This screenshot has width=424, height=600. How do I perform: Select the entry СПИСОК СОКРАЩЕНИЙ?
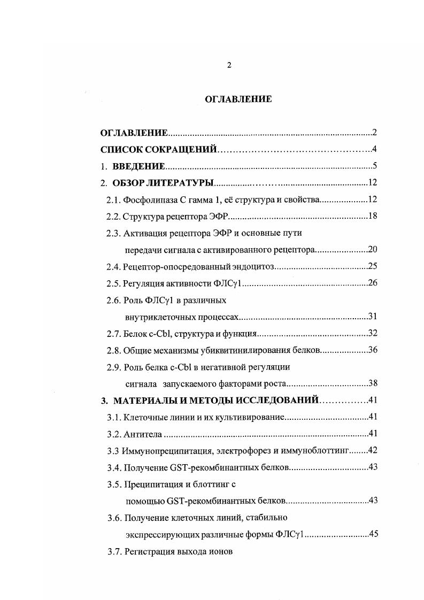pos(158,150)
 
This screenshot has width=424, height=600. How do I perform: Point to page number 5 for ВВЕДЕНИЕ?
pos(375,166)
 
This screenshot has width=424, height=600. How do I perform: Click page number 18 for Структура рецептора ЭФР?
pos(373,217)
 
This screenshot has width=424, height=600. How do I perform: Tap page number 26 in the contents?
pos(373,283)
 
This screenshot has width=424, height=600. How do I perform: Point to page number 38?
pos(373,383)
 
